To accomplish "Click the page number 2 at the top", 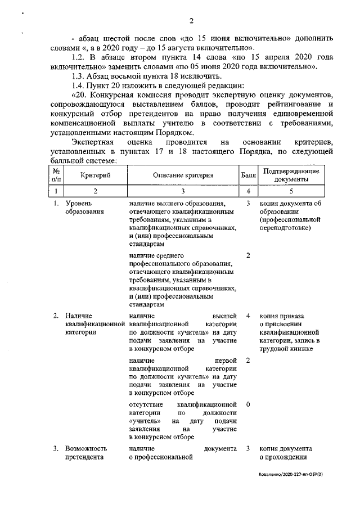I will [x=191, y=21].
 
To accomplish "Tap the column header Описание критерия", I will [x=182, y=175].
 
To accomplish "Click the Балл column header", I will [x=248, y=175].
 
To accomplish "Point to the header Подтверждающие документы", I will [x=291, y=175].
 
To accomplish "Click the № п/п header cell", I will [x=56, y=175].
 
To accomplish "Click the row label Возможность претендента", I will [x=85, y=453].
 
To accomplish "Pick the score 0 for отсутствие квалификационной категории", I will [x=248, y=404].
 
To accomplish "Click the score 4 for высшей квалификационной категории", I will [x=248, y=316].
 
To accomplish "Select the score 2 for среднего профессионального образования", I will [x=248, y=256].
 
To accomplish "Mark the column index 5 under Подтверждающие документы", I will [x=291, y=192].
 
